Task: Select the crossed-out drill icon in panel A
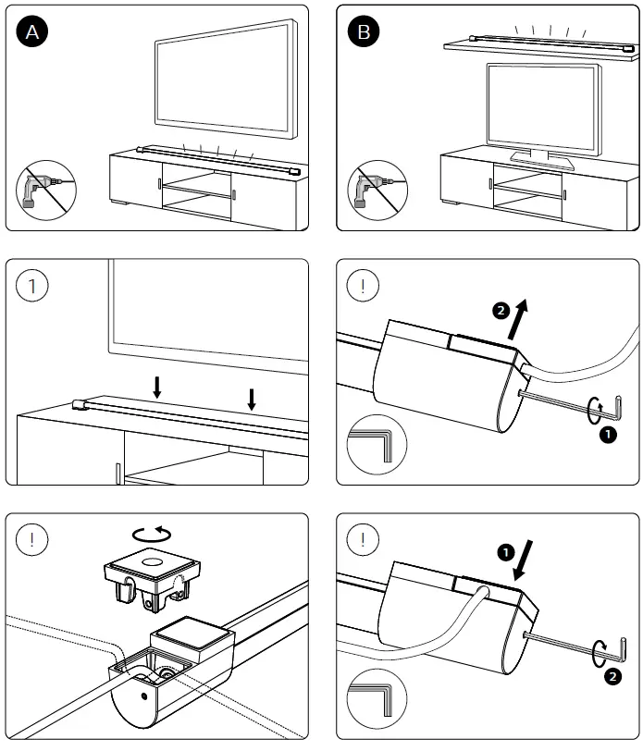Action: click(x=45, y=191)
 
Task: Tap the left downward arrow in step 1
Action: click(x=156, y=387)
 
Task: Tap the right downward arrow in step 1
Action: click(x=252, y=398)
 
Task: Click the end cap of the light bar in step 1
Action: click(x=79, y=403)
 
